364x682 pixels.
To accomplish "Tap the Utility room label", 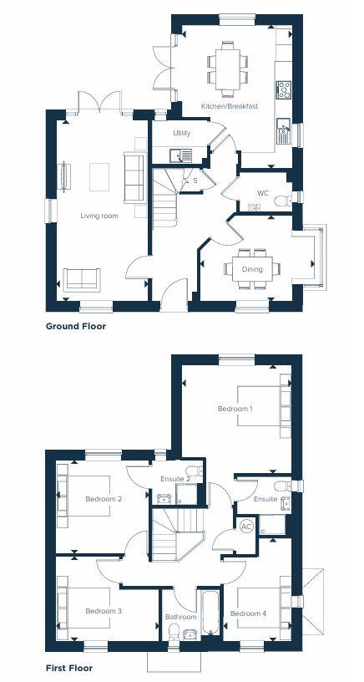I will [181, 133].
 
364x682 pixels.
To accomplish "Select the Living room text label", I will [99, 216].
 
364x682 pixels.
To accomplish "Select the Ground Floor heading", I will [76, 326].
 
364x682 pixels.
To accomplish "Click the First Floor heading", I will [69, 668].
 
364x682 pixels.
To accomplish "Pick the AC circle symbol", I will [246, 527].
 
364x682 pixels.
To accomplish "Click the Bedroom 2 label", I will [104, 499].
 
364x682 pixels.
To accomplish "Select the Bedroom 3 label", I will [104, 611].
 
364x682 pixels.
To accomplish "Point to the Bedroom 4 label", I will [249, 614].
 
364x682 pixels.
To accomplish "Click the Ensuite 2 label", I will [174, 479].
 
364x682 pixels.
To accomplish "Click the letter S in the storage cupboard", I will [195, 180].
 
